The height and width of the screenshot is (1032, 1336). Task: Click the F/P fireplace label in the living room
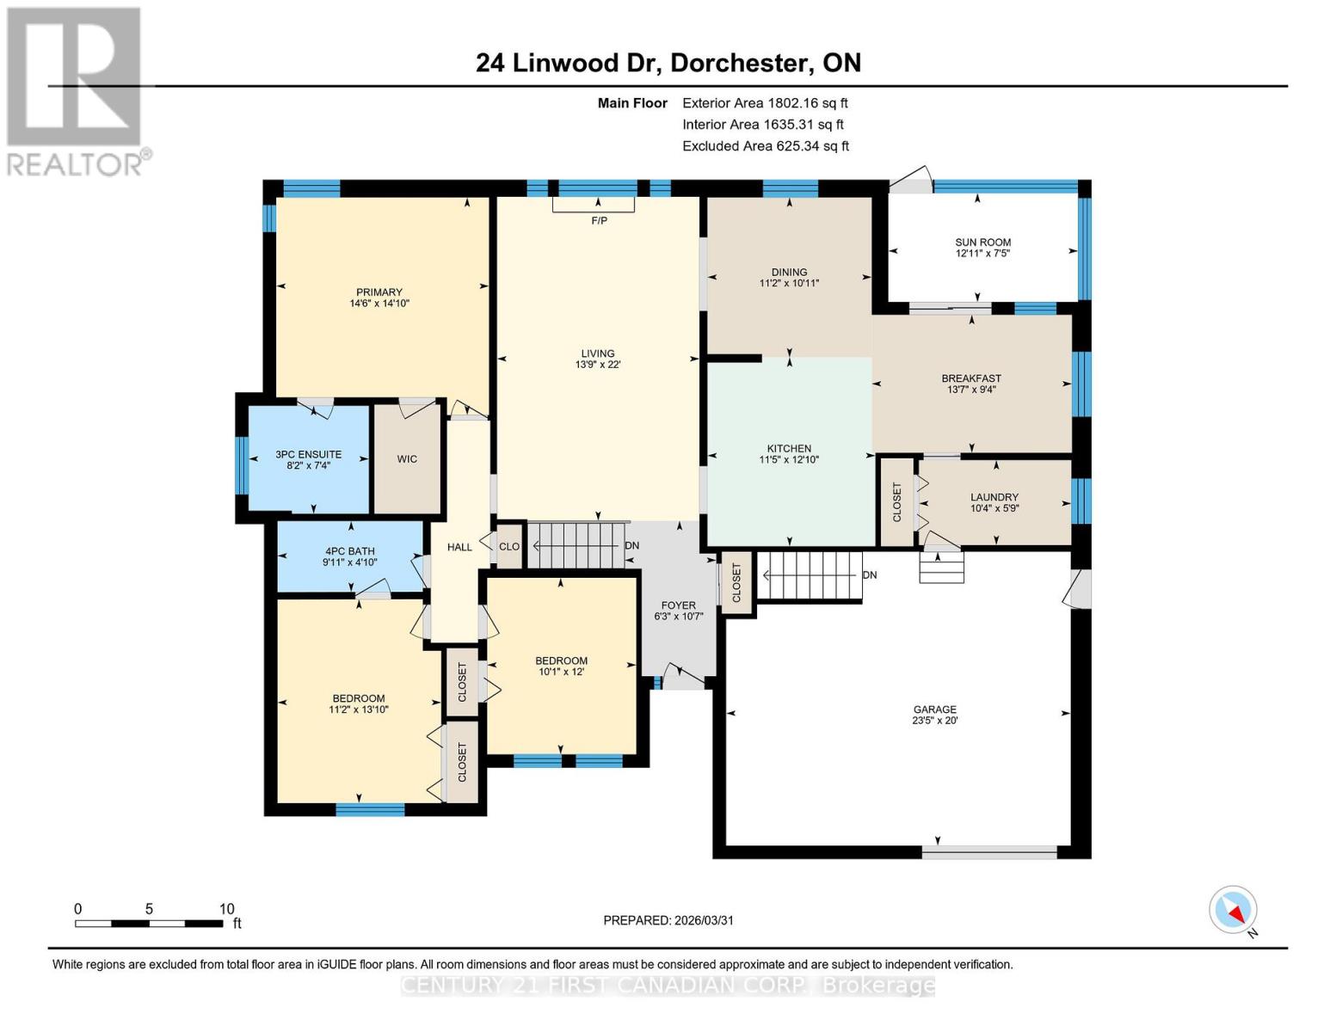pyautogui.click(x=599, y=221)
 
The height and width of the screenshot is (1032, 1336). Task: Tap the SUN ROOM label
pyautogui.click(x=982, y=243)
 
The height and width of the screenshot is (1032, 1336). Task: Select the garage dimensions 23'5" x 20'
pyautogui.click(x=934, y=721)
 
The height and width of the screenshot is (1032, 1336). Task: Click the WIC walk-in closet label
pyautogui.click(x=407, y=459)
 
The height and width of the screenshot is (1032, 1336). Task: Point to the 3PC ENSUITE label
pyautogui.click(x=308, y=454)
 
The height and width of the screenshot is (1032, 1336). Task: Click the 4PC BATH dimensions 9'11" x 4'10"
pyautogui.click(x=349, y=562)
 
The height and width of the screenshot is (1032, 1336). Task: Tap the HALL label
pyautogui.click(x=459, y=547)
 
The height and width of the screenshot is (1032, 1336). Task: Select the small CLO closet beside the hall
pyautogui.click(x=509, y=547)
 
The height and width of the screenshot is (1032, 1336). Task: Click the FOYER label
pyautogui.click(x=679, y=605)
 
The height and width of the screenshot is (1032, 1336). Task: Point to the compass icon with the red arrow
pyautogui.click(x=1233, y=910)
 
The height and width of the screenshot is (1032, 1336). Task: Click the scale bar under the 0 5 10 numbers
pyautogui.click(x=149, y=924)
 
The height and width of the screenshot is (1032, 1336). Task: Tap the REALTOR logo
pyautogui.click(x=75, y=90)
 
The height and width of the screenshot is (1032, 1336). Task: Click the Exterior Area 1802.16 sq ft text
pyautogui.click(x=765, y=103)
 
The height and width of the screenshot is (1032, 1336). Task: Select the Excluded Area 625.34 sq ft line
pyautogui.click(x=766, y=146)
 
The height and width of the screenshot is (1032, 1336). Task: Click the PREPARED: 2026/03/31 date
pyautogui.click(x=668, y=920)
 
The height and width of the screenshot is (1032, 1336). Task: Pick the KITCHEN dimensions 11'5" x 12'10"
pyautogui.click(x=789, y=460)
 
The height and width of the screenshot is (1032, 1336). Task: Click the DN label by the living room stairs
pyautogui.click(x=632, y=546)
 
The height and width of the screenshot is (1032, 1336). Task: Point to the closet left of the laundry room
pyautogui.click(x=896, y=502)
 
